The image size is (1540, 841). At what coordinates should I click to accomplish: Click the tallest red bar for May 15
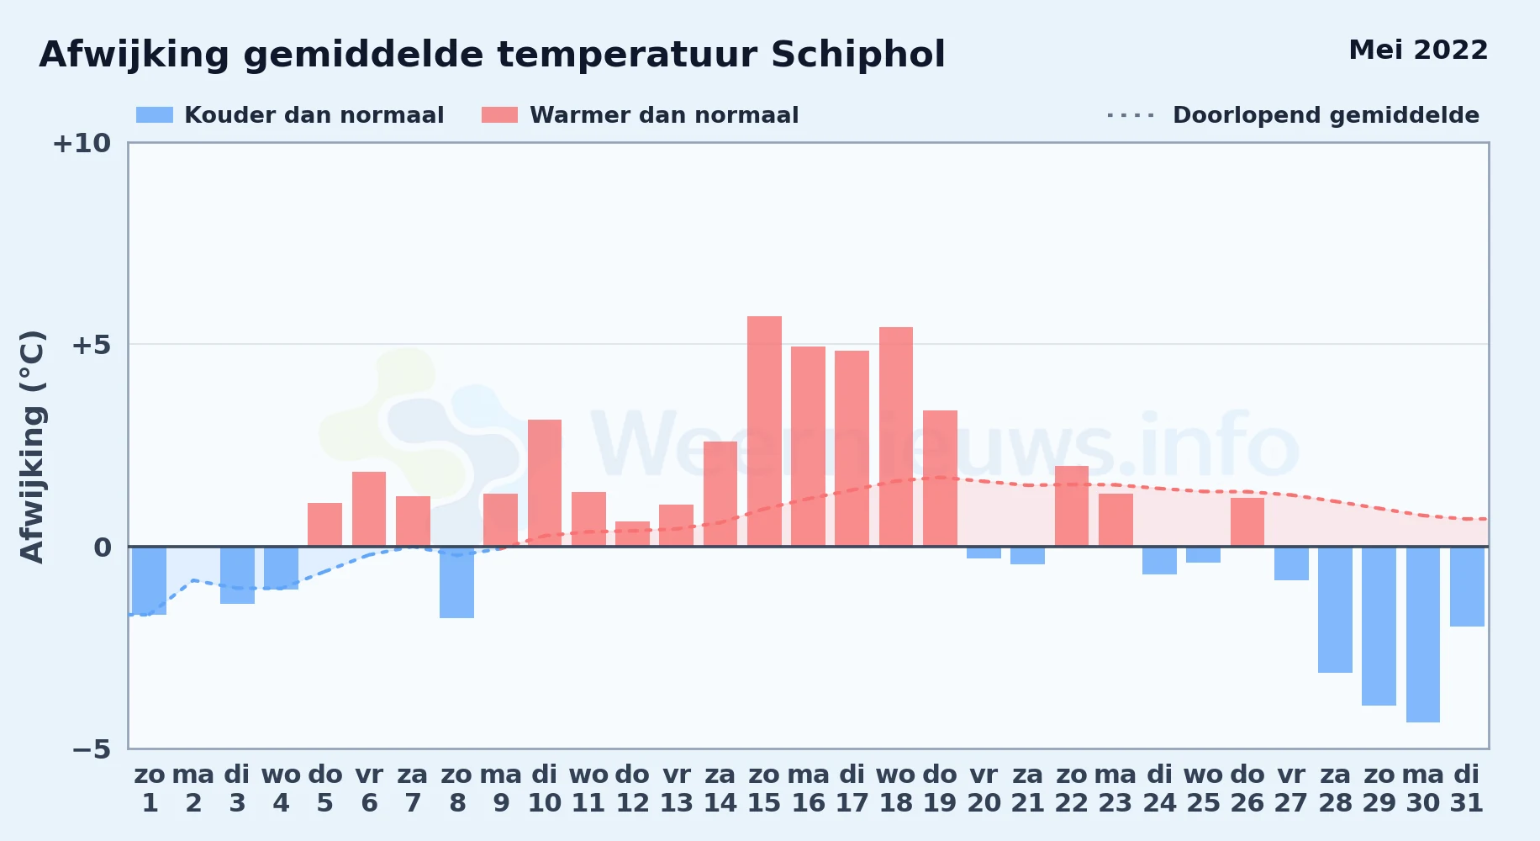(764, 431)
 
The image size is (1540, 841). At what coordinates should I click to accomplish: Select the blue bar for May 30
(1423, 634)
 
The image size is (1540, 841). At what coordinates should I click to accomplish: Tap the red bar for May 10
(545, 483)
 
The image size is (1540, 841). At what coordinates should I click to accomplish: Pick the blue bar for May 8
(456, 582)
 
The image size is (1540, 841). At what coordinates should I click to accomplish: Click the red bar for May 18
(896, 436)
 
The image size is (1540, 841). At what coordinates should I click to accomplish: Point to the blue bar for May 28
(1335, 610)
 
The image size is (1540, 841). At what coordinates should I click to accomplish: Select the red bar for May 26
(1247, 522)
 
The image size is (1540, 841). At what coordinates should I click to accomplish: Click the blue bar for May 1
(150, 580)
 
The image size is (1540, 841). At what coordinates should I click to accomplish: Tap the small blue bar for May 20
(984, 553)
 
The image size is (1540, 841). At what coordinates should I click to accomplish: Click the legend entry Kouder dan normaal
(290, 115)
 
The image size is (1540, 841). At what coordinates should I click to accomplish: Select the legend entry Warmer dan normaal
(640, 115)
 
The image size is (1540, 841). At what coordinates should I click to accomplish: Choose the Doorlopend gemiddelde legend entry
(1294, 115)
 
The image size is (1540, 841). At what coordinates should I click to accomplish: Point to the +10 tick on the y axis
(82, 143)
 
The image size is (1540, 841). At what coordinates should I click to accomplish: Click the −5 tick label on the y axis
(91, 748)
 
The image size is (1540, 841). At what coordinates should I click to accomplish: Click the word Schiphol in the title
(858, 55)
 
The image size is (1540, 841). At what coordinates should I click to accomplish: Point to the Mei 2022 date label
(1419, 50)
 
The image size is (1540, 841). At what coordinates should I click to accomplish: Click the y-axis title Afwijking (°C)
(32, 447)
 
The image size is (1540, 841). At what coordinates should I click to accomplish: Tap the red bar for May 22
(1072, 506)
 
